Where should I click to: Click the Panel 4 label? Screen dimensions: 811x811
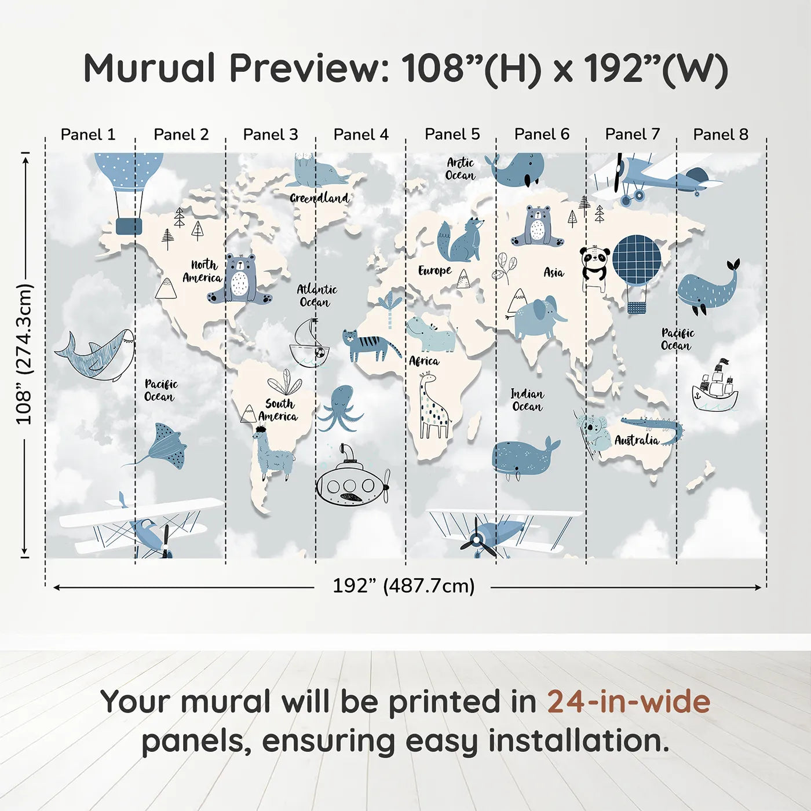(361, 134)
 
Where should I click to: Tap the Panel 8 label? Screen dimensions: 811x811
(721, 134)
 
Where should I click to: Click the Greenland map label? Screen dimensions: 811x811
(319, 198)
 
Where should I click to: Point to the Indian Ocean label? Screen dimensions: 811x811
(527, 400)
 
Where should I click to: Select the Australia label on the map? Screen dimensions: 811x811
(637, 440)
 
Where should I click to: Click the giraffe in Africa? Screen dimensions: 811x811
(432, 405)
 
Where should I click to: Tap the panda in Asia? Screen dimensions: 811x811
(595, 266)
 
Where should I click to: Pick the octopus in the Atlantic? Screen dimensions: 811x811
(341, 408)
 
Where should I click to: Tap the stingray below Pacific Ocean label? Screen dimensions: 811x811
(165, 447)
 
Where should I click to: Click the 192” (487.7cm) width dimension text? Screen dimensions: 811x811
(403, 586)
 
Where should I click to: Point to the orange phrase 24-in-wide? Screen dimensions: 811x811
(629, 702)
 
